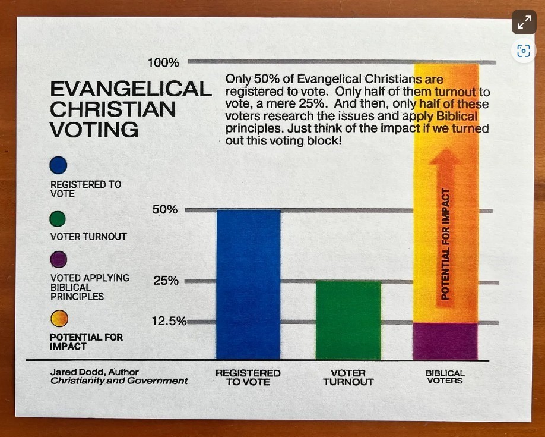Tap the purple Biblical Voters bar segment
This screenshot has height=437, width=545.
(x=445, y=341)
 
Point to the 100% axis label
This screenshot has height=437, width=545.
(x=163, y=62)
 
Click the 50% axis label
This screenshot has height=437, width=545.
(x=165, y=210)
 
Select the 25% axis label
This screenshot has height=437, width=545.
(x=166, y=281)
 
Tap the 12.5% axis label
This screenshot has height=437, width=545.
(x=169, y=322)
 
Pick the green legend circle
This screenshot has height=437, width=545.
(x=58, y=220)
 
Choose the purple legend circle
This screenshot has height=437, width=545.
(x=58, y=260)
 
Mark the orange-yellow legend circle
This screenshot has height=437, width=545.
(x=59, y=319)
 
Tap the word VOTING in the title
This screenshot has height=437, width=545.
(x=94, y=129)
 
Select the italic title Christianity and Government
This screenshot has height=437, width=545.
(x=119, y=381)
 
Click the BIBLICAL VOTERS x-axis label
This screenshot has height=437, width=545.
(x=445, y=377)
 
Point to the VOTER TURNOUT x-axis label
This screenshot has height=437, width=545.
(x=348, y=378)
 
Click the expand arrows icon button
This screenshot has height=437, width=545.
(x=524, y=23)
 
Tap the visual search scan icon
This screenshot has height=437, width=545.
(x=524, y=51)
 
